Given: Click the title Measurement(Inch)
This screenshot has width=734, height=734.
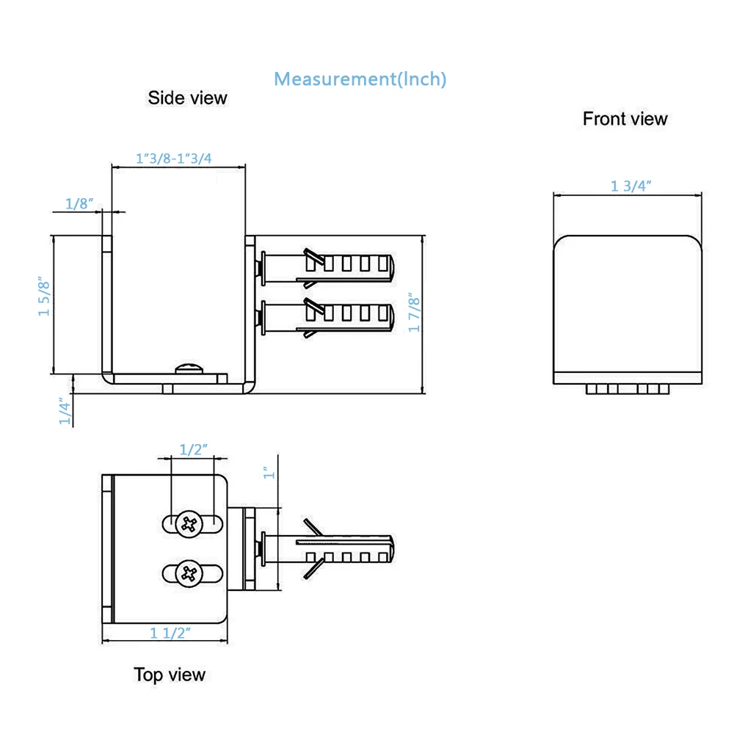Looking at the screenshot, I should (x=360, y=79).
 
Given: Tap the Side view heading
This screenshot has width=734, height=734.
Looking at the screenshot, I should (x=187, y=98).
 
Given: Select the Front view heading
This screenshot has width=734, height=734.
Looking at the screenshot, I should (x=625, y=119).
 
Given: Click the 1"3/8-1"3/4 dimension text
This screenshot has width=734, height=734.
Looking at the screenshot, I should (x=175, y=158).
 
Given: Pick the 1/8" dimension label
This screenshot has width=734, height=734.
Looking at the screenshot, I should (x=80, y=204).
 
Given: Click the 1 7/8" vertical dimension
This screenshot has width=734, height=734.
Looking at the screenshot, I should (x=415, y=313).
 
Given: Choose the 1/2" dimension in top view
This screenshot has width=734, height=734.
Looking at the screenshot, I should (x=194, y=450).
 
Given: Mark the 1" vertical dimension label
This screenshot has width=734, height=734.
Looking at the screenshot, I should (x=269, y=473).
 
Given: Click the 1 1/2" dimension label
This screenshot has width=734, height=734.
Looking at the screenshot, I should (x=170, y=633).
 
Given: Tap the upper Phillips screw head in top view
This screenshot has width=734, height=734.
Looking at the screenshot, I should (x=190, y=523).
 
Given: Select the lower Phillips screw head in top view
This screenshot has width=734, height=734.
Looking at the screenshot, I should (x=190, y=573).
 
